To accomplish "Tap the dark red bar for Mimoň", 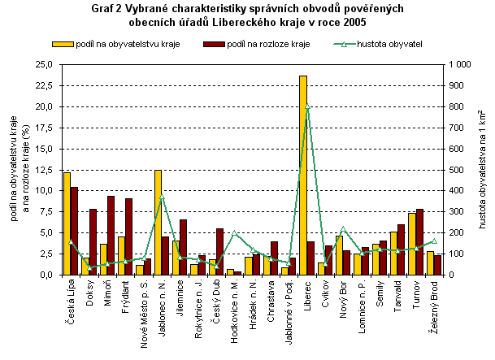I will [111, 235].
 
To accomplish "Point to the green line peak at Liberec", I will [307, 106].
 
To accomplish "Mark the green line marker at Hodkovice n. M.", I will [234, 233].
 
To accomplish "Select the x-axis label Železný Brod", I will [435, 304].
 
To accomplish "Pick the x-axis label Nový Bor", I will [344, 298].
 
